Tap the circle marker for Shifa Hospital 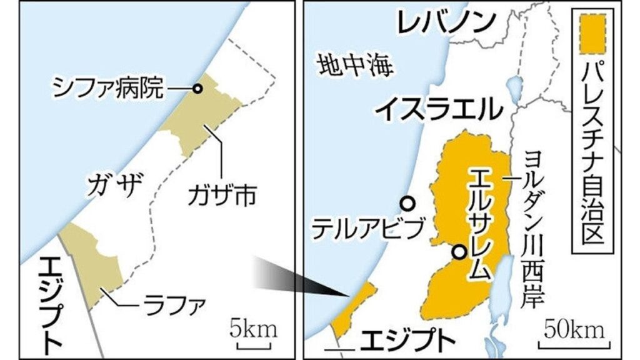[x=197, y=89]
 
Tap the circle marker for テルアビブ [x=407, y=203]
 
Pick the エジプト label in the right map [x=407, y=340]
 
